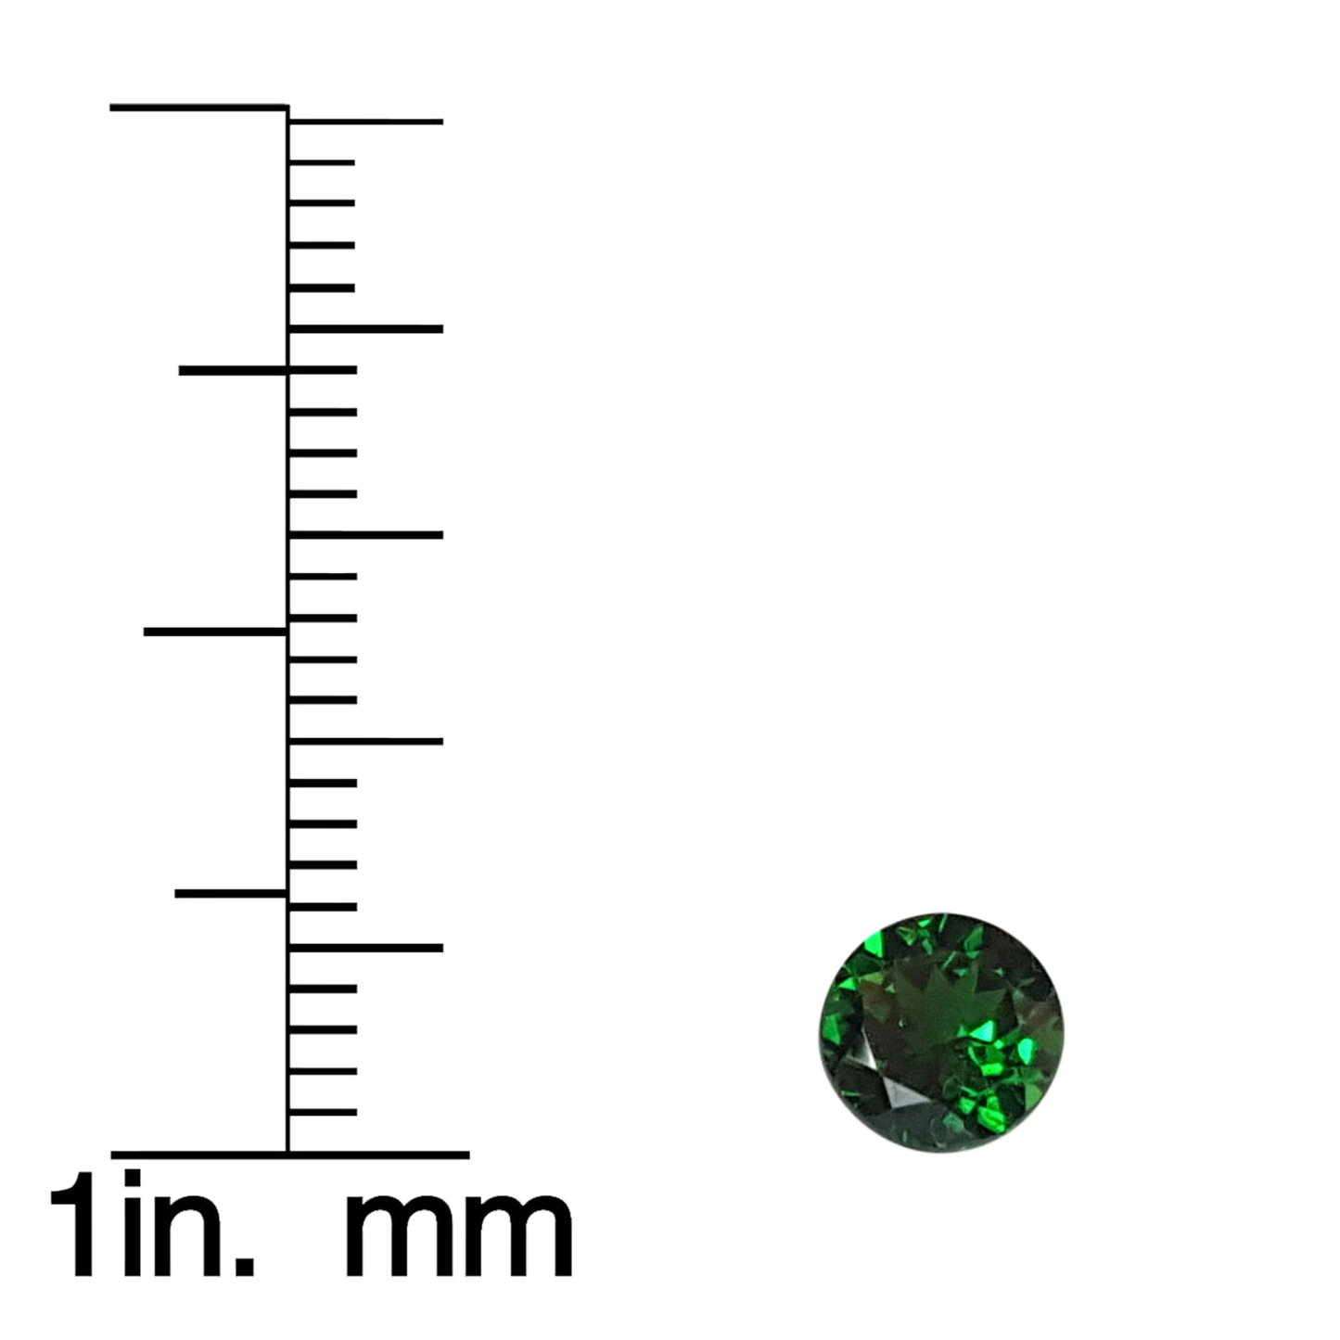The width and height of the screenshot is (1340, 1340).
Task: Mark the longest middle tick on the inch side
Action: [215, 632]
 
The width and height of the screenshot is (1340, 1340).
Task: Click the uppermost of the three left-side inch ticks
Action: [233, 371]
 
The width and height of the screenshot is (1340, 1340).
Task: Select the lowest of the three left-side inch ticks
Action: [231, 894]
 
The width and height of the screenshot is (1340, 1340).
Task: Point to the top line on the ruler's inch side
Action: [198, 107]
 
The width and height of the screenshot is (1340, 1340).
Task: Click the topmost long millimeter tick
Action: [365, 121]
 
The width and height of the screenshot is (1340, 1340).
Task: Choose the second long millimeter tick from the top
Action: [365, 329]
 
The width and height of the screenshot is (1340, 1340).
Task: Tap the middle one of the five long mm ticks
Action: [365, 535]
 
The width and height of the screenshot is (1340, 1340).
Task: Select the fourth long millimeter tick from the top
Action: [365, 741]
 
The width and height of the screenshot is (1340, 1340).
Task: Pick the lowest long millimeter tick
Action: [365, 948]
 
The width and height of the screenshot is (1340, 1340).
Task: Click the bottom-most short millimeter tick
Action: [323, 1113]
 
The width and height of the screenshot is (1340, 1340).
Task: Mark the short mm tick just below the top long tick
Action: [322, 162]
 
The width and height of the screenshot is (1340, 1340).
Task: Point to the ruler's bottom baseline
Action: [290, 1155]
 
